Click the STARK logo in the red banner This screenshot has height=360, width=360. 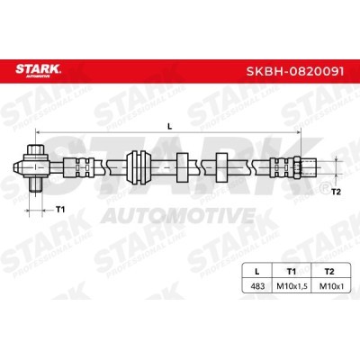(38, 71)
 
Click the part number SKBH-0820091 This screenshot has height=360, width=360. (295, 71)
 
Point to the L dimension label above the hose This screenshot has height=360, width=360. (170, 127)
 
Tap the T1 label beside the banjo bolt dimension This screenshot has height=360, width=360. (60, 210)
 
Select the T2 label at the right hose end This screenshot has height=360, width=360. (337, 192)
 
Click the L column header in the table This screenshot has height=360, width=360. (256, 272)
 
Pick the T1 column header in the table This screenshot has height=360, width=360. (292, 272)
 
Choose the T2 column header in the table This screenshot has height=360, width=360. (329, 272)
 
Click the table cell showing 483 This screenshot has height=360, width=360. (257, 286)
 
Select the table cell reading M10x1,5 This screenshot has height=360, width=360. (292, 286)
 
